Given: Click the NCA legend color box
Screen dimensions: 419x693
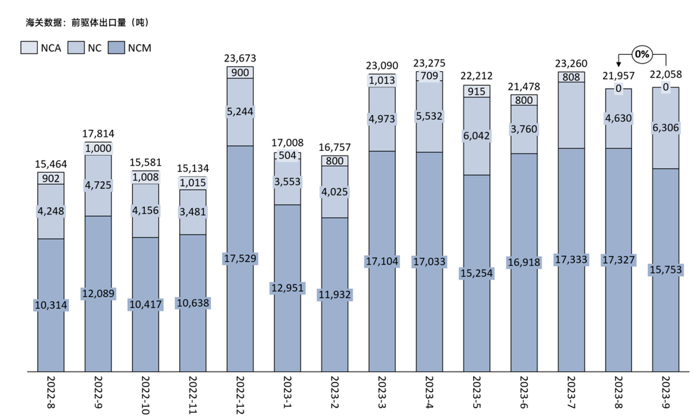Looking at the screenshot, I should [30, 48].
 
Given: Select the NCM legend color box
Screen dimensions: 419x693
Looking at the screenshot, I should [117, 48].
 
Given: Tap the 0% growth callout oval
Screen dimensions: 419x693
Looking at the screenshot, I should [642, 53].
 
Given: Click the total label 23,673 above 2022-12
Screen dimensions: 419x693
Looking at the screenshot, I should [240, 59].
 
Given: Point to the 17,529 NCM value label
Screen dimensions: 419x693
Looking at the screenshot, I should [240, 259].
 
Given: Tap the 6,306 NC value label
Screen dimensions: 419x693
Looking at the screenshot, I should [666, 127].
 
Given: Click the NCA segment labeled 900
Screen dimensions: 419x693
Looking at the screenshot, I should [240, 72].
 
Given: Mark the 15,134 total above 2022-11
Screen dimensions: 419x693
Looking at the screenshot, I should [193, 169].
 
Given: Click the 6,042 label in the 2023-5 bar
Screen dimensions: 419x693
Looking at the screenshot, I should [476, 135].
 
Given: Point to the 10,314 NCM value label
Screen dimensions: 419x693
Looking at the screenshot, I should [51, 305].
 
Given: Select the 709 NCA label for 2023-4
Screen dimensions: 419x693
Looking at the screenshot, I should [429, 76].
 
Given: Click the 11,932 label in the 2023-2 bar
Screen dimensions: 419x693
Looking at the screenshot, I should [335, 294].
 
